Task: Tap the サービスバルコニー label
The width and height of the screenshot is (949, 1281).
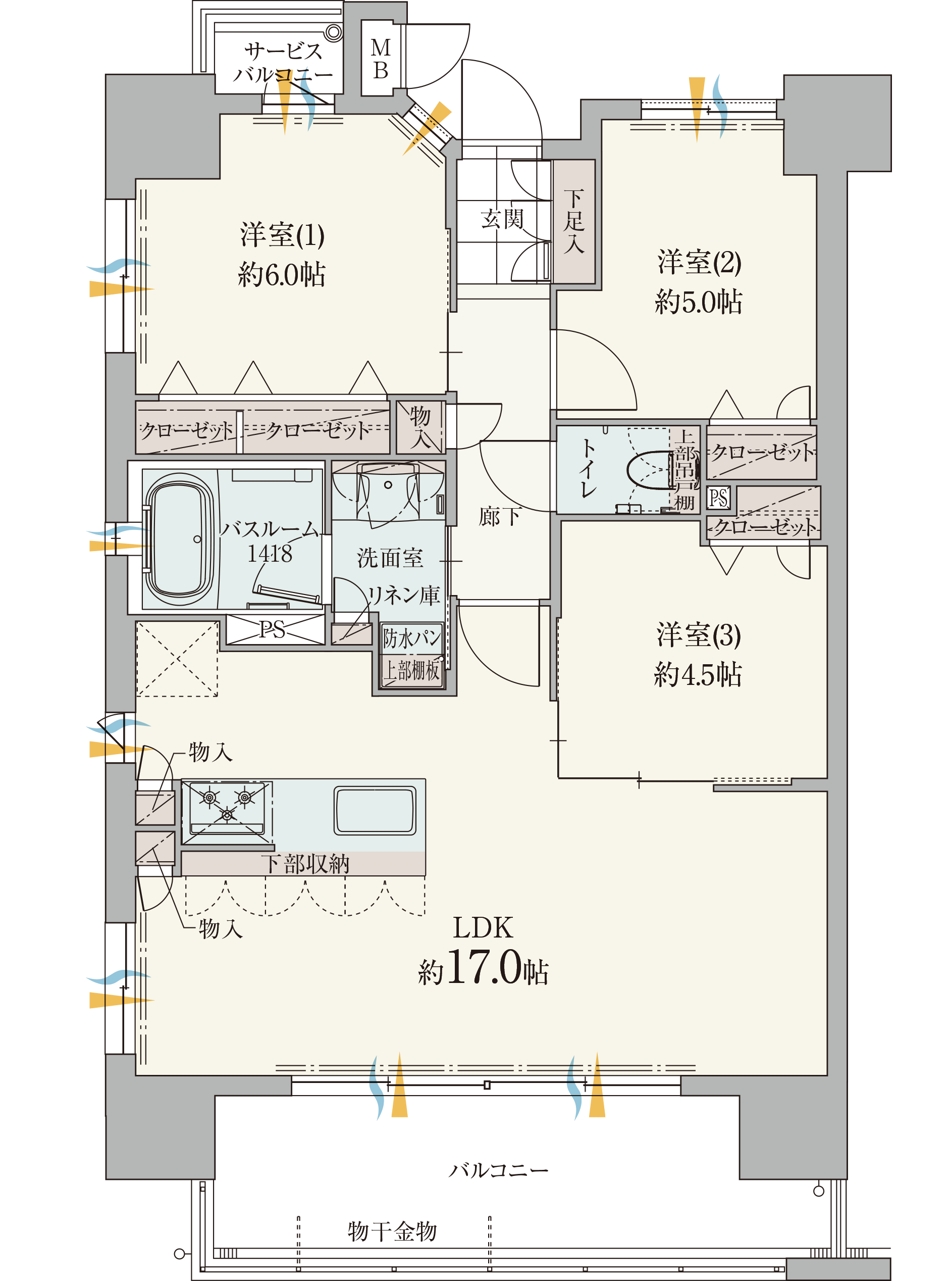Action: (283, 63)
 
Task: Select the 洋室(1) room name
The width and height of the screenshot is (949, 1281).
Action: (282, 235)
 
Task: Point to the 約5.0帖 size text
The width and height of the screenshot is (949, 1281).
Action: (699, 302)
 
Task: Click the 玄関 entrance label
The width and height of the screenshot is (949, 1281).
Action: (502, 218)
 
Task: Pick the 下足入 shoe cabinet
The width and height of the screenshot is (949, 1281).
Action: (573, 221)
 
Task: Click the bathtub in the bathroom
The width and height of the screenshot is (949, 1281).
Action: (179, 538)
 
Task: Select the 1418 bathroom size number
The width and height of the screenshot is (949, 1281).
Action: (270, 554)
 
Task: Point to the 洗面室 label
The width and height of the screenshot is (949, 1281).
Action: (390, 558)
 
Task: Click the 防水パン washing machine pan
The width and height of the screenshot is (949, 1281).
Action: (412, 638)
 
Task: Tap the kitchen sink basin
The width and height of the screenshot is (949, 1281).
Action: (375, 811)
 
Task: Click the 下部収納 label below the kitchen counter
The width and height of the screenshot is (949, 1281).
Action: (304, 864)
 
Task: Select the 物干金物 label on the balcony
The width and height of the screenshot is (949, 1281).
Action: (392, 1231)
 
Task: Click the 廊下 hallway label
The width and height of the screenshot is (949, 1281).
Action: (500, 517)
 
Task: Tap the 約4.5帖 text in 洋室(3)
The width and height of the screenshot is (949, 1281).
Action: (698, 675)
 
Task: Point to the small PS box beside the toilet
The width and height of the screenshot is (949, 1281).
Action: (718, 498)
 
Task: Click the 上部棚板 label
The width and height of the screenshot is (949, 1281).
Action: (412, 671)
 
